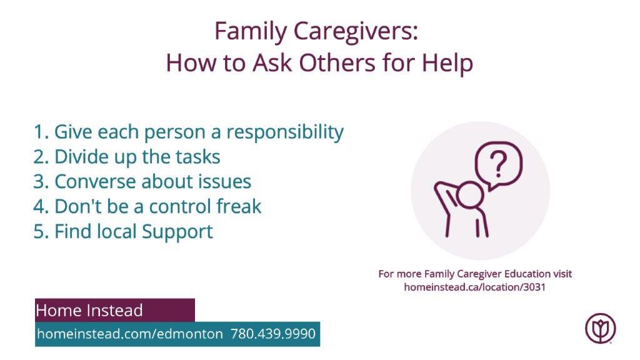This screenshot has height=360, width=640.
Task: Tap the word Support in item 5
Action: (x=177, y=231)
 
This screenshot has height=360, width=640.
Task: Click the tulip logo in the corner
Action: (x=600, y=328)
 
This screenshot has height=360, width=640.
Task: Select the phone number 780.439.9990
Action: (x=273, y=334)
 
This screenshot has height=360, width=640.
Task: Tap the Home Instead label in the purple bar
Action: (x=89, y=311)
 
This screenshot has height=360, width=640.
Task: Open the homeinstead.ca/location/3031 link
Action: (x=475, y=287)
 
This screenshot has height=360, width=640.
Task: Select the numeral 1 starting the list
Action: (x=39, y=132)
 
